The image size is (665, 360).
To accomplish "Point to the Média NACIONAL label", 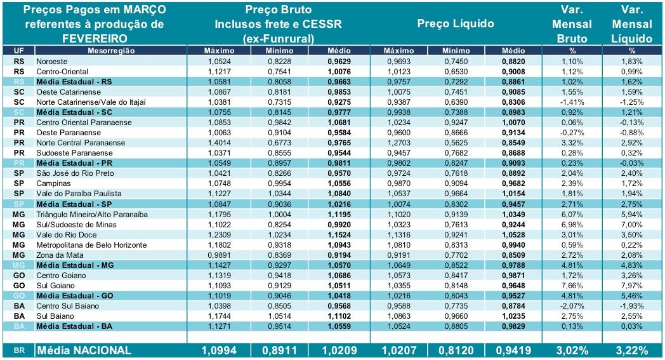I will coord(84,350).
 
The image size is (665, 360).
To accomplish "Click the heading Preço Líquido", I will coord(456,23).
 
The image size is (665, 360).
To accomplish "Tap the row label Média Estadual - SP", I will coord(74,203).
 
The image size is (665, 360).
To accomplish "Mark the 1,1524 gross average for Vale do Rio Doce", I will coord(339,234).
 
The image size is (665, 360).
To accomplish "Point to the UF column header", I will coord(18,50).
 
